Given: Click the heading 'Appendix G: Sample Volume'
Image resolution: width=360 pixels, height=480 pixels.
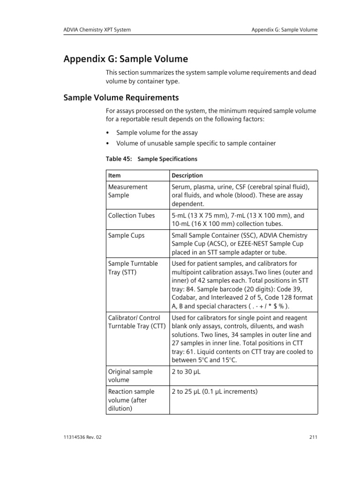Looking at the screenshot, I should pos(126,59).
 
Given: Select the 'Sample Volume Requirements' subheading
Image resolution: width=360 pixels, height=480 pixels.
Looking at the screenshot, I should pos(121,98).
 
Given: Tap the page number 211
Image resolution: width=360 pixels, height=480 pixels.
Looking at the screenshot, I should pos(314,438).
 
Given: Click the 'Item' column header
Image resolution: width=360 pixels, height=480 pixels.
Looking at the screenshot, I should pos(114,175).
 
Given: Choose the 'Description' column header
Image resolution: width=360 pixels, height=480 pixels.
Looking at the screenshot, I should pos(187,175).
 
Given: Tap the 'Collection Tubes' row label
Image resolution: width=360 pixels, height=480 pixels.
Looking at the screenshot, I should pos(131,216).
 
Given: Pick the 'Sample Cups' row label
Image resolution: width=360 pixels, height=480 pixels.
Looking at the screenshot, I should pos(126,235).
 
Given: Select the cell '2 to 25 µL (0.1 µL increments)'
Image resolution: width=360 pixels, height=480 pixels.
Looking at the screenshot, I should pos(215,391).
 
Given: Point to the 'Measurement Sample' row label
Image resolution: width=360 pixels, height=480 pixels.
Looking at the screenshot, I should pos(127,191).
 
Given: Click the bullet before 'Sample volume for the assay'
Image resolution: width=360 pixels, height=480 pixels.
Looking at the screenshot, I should pos(108,133).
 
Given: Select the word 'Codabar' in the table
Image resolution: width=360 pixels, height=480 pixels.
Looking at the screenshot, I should pos(185,298).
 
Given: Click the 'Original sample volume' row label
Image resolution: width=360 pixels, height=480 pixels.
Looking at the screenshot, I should pos(130,376).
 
